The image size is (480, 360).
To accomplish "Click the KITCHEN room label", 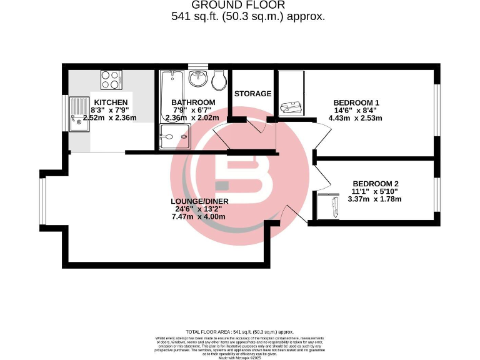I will coord(111,102).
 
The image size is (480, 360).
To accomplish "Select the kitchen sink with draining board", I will coord(80,113).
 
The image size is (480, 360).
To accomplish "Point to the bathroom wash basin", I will coord(197,77).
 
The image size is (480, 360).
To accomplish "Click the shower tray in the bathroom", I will coord(173,137).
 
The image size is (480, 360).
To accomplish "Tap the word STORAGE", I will coord(252,94).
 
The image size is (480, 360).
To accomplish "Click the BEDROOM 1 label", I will coord(356,102).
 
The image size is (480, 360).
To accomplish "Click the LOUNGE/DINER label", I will coord(199,201).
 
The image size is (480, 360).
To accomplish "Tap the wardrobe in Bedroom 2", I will coord(328,206).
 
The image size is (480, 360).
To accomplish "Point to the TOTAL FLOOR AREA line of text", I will coord(240,332).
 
